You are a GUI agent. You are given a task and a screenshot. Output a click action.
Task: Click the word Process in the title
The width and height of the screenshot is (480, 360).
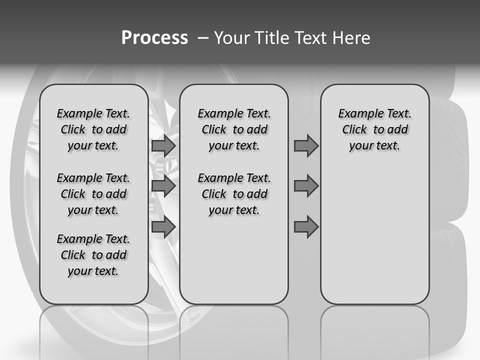tap(154, 38)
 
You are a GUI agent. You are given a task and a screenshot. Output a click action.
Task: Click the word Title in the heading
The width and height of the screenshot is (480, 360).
tap(273, 38)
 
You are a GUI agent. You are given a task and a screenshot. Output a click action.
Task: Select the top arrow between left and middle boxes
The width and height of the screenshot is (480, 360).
tap(163, 146)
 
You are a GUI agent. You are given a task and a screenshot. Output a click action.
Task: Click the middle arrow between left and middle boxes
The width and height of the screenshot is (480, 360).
tap(163, 186)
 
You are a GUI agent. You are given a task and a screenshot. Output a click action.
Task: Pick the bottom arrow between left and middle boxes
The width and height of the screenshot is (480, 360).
tap(163, 227)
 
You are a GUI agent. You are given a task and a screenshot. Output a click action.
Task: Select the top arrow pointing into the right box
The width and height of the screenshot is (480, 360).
tap(306, 146)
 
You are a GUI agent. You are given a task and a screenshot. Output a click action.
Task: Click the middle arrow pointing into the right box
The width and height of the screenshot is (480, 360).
tap(306, 186)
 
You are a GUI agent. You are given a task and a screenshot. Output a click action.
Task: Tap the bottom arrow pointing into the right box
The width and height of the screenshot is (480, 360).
tap(306, 227)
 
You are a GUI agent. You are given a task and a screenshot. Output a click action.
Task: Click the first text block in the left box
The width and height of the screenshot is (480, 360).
tap(93, 129)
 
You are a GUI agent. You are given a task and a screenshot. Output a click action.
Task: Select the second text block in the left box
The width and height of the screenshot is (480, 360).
tap(93, 194)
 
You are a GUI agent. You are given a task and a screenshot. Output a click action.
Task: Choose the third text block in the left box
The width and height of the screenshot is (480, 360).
tap(93, 255)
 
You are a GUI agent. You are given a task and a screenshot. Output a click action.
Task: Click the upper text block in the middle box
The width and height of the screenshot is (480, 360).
tap(234, 129)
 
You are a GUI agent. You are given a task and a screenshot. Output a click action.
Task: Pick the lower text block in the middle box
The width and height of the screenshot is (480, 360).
tap(234, 194)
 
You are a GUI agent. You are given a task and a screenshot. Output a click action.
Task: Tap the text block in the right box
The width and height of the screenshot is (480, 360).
tap(374, 129)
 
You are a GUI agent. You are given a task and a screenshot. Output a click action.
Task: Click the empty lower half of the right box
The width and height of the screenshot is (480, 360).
tap(374, 240)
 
